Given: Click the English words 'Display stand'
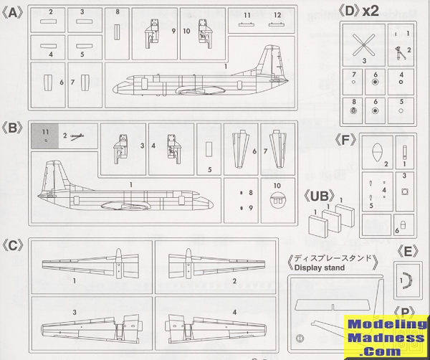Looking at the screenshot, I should coord(318,268).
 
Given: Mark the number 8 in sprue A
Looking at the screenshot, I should coord(118,12).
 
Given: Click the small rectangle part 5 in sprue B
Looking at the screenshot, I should coord(209,148).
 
